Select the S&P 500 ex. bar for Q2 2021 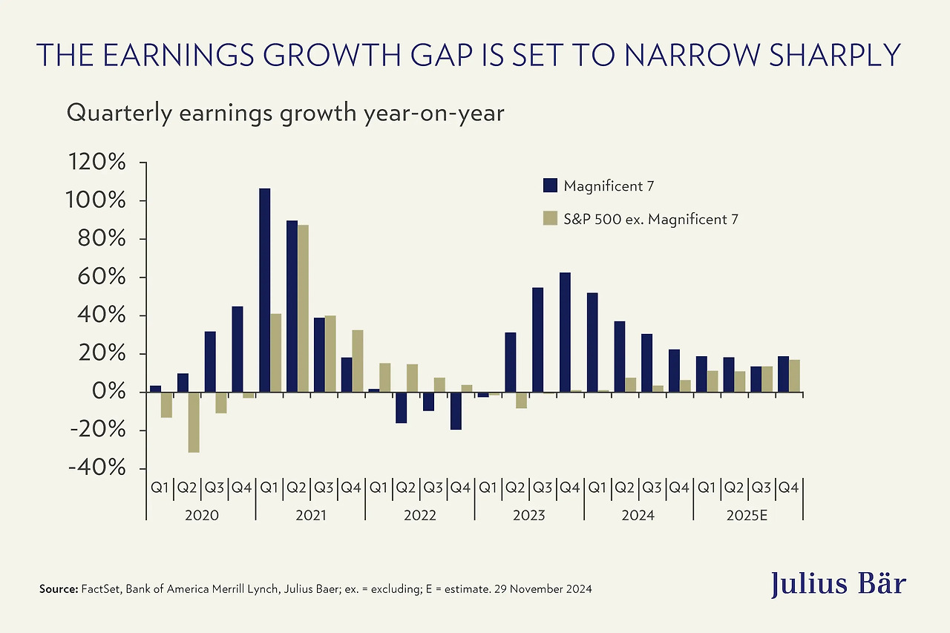pos(303,309)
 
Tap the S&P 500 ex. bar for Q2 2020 pos(194,422)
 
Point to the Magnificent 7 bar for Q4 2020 pos(237,349)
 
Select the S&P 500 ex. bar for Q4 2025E pos(794,375)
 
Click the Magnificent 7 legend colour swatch pos(550,186)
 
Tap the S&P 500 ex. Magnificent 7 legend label pos(651,219)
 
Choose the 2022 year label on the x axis pos(420,515)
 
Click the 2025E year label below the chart pos(748,515)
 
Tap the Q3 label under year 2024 pos(652,488)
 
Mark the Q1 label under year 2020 pos(160,488)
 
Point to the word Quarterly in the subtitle pos(112,113)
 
